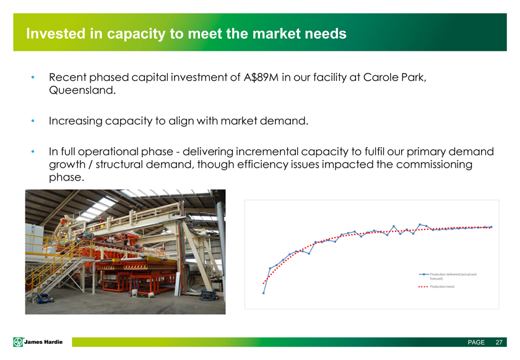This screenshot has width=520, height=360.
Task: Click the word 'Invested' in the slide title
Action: (x=56, y=33)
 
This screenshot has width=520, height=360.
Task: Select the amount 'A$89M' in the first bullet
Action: (x=261, y=77)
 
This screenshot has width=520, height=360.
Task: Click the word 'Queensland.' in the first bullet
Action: (x=82, y=90)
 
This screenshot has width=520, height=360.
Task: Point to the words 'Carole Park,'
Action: (x=395, y=77)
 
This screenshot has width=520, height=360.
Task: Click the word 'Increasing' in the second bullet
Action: (x=76, y=121)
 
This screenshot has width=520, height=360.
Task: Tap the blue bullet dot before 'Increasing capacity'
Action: (x=32, y=121)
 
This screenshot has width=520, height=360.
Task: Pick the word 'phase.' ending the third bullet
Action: (x=66, y=178)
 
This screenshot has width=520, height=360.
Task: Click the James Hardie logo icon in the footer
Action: (x=18, y=342)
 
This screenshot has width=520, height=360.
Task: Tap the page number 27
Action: (x=499, y=343)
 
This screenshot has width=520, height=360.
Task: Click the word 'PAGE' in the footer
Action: (x=476, y=343)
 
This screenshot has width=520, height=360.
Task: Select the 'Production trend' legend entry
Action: (x=436, y=287)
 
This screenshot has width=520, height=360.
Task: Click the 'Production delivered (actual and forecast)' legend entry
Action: (x=448, y=276)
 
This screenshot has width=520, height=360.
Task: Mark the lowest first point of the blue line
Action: (x=264, y=293)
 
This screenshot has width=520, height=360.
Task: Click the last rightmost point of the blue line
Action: (x=491, y=227)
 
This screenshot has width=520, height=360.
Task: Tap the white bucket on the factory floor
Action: (x=135, y=293)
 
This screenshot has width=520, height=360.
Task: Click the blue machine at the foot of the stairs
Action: (x=44, y=298)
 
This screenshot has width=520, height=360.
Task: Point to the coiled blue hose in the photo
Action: (x=207, y=295)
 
